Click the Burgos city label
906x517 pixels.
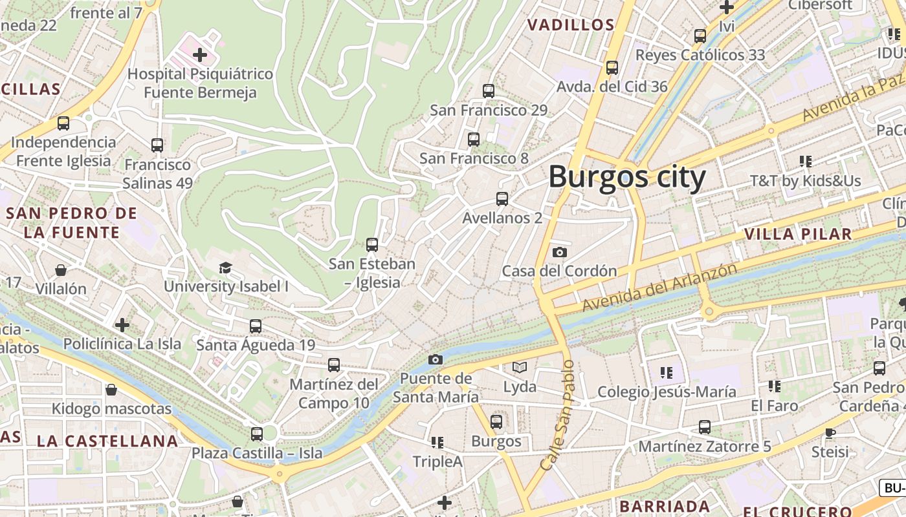pos(626,177)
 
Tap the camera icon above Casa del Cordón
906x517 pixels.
pos(560,252)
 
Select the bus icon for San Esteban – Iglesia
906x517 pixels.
pos(371,245)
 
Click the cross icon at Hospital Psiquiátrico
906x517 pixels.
pos(200,54)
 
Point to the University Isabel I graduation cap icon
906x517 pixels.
pos(225,268)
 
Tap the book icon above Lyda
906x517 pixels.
pos(520,368)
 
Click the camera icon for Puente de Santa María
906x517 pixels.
pos(436,359)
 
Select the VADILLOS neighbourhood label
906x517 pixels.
pos(570,25)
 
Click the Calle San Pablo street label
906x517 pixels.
pos(558,415)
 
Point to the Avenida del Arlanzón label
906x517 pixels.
pos(659,287)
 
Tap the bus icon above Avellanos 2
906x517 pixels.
pos(502,199)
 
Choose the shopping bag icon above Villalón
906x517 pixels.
pos(61,269)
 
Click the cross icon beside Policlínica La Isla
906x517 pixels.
pos(122,324)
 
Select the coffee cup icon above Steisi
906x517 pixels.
pos(830,432)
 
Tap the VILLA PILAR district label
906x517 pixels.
pos(797,234)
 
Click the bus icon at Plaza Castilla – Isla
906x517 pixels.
pos(257,434)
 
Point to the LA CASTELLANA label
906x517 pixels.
pos(107,441)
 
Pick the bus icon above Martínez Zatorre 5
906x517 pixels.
pos(704,427)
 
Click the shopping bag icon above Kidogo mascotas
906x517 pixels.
pos(111,390)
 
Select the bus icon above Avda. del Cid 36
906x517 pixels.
pos(612,67)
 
